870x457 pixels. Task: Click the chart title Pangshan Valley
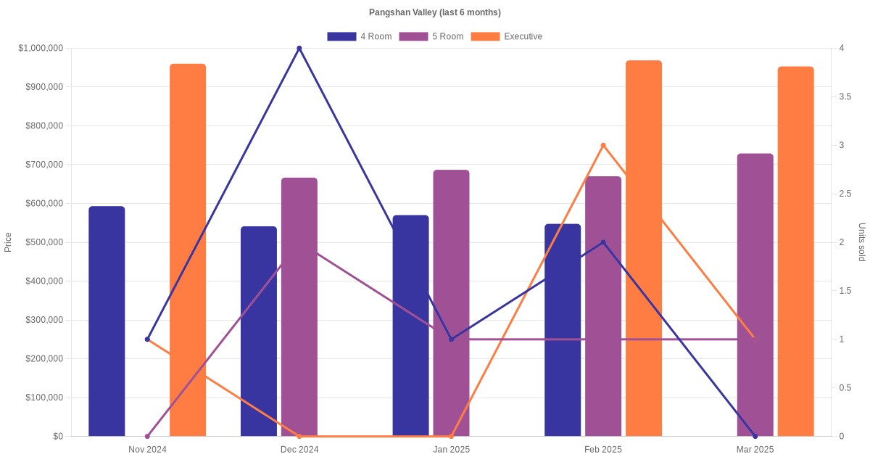click(x=434, y=12)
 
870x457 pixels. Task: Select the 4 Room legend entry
click(x=360, y=36)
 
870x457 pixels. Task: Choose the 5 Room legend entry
click(x=431, y=36)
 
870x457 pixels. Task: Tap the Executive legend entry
click(x=506, y=36)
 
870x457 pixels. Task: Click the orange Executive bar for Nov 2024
click(x=188, y=250)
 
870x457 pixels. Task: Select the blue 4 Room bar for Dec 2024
click(x=259, y=332)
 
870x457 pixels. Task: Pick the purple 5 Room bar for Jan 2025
click(x=451, y=303)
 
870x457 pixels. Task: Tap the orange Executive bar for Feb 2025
click(x=644, y=248)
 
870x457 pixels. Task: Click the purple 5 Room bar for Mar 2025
click(x=755, y=295)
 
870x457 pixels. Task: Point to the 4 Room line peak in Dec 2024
click(x=299, y=49)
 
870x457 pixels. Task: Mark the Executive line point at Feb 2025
click(x=603, y=145)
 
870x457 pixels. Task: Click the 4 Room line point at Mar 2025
click(x=755, y=436)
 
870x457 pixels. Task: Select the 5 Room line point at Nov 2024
click(x=147, y=436)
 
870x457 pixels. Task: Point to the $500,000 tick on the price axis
click(x=44, y=242)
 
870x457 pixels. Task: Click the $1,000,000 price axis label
click(x=41, y=49)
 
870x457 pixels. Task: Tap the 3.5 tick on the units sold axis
click(x=845, y=96)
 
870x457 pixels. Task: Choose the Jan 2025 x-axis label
click(x=451, y=450)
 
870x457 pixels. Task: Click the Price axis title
click(x=8, y=242)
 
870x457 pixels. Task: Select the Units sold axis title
click(x=862, y=242)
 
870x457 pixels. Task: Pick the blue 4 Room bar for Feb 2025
click(x=563, y=330)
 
